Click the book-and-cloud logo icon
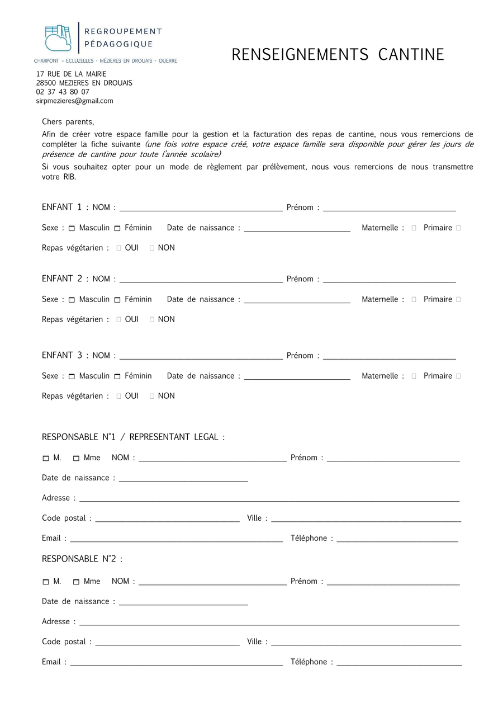tap(58, 38)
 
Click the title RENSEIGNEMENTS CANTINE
tap(338, 55)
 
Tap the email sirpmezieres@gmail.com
tap(75, 101)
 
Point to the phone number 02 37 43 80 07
tap(63, 92)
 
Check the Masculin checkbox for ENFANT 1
tap(72, 229)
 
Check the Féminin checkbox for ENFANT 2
tap(117, 300)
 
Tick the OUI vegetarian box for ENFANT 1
tap(119, 248)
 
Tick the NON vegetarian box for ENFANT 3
tap(152, 397)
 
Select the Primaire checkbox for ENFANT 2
tap(458, 300)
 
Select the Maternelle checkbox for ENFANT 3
tap(414, 376)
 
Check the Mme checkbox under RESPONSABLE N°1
tap(77, 459)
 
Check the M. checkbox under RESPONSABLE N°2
tap(46, 582)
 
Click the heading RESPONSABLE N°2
tap(82, 559)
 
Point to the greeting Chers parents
tap(68, 122)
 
